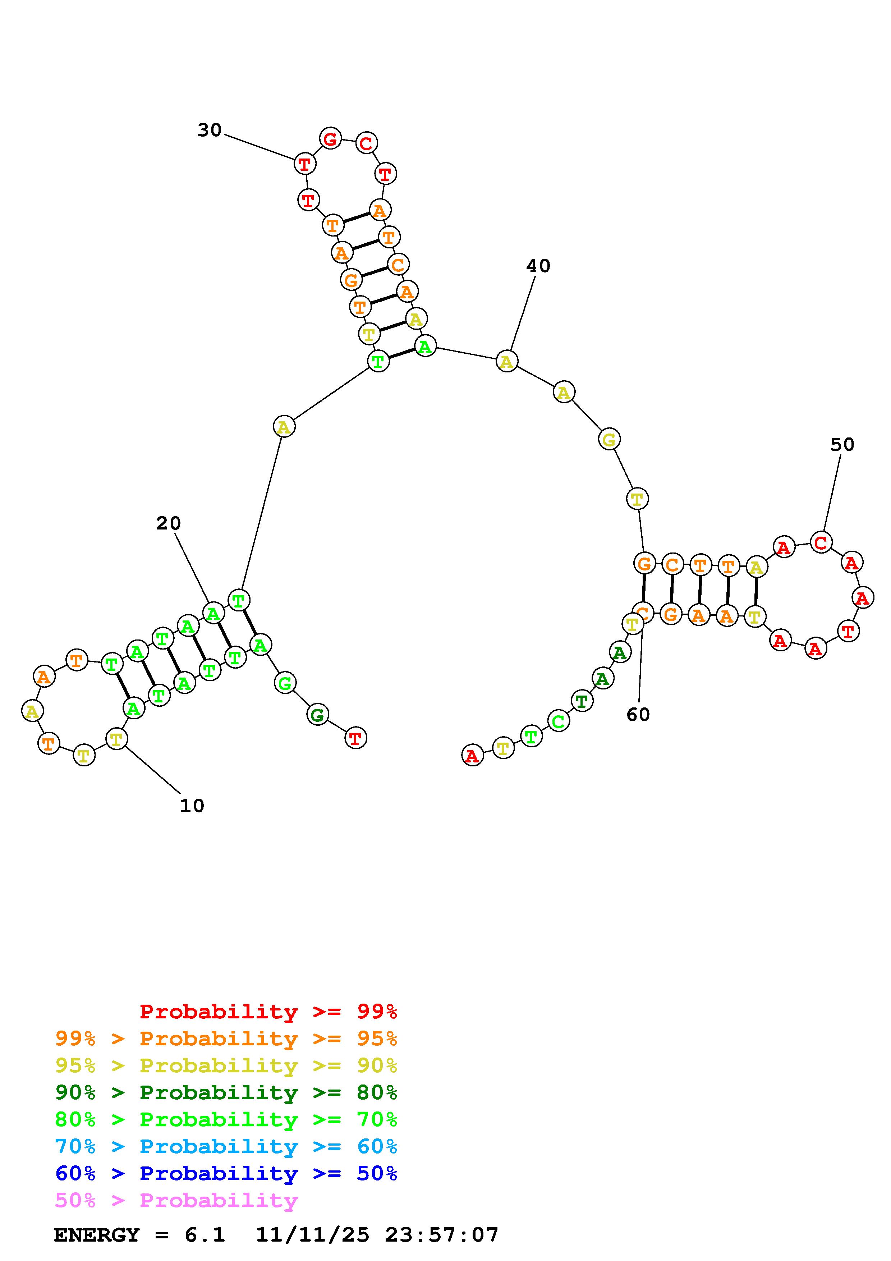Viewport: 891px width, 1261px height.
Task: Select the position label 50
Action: [x=842, y=445]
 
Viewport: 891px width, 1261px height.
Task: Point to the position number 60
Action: [x=638, y=715]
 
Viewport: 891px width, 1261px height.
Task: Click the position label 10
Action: [x=192, y=806]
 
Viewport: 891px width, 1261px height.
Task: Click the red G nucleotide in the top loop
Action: [x=330, y=139]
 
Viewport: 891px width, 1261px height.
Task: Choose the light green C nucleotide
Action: [x=558, y=721]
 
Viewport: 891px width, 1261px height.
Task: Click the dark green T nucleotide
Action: [x=582, y=701]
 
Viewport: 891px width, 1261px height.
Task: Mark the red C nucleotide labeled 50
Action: [x=821, y=543]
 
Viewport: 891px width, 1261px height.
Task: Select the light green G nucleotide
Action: [x=284, y=683]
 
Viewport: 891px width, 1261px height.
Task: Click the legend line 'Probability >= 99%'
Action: [x=268, y=1012]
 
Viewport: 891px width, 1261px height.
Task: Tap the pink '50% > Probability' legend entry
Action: [x=176, y=1201]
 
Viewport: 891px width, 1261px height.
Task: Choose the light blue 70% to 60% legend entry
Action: [x=226, y=1147]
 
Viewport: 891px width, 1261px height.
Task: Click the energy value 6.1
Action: [x=205, y=1235]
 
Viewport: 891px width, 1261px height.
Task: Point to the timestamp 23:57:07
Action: [x=441, y=1235]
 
